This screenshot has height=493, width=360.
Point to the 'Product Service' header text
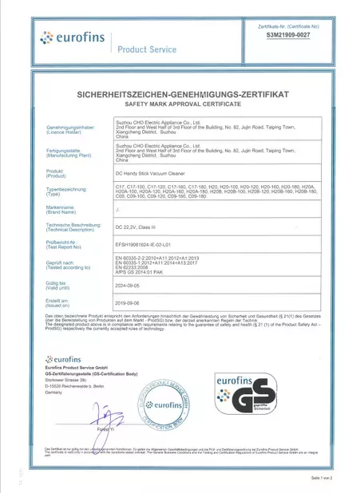coord(147,49)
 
